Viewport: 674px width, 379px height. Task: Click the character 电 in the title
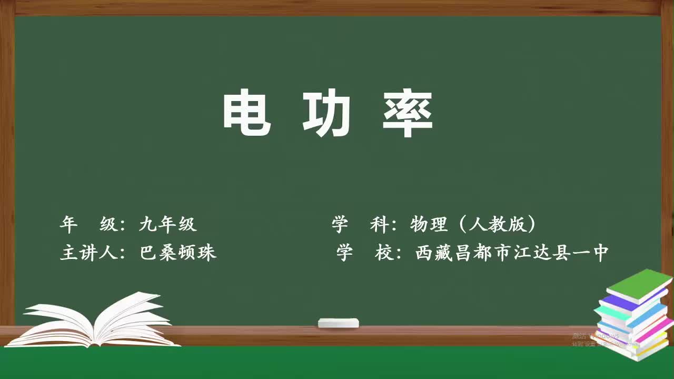click(x=246, y=113)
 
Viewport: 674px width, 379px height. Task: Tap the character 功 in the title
click(x=326, y=113)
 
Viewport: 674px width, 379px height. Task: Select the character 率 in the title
click(x=408, y=113)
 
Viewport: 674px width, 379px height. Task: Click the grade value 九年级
click(x=168, y=225)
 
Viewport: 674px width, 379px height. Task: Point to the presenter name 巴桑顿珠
click(x=178, y=253)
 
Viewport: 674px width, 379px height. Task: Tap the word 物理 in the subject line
click(x=429, y=225)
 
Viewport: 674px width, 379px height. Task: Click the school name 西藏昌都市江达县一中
click(x=512, y=253)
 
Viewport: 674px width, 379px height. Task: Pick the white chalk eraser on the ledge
click(x=338, y=323)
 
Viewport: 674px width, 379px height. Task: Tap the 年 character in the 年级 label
click(x=68, y=225)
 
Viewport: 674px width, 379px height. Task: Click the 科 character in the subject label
click(x=380, y=225)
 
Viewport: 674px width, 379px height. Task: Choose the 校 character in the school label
click(x=385, y=253)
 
